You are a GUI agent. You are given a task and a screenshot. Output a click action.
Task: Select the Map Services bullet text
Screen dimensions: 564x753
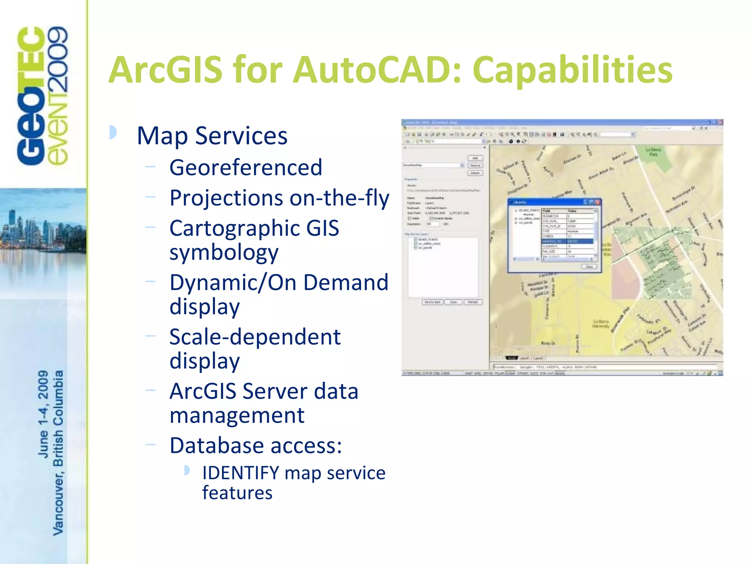212,136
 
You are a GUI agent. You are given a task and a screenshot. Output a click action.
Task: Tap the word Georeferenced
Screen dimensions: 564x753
246,167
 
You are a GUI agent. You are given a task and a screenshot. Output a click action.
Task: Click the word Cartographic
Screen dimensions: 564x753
234,228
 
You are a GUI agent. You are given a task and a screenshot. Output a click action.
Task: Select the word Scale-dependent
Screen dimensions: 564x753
255,337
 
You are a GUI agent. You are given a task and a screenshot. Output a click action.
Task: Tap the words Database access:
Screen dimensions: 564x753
256,446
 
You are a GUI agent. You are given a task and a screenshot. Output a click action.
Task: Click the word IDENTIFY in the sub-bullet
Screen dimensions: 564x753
240,473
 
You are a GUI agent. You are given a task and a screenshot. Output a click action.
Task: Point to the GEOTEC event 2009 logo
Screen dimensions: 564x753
42,95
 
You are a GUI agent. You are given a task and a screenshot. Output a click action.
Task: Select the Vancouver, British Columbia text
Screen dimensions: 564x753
58,453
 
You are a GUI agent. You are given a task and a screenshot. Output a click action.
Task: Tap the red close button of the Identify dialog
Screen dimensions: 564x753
597,202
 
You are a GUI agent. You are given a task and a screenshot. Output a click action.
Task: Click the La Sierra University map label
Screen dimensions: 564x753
601,324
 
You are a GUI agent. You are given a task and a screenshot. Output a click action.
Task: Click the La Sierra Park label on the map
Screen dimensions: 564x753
653,152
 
